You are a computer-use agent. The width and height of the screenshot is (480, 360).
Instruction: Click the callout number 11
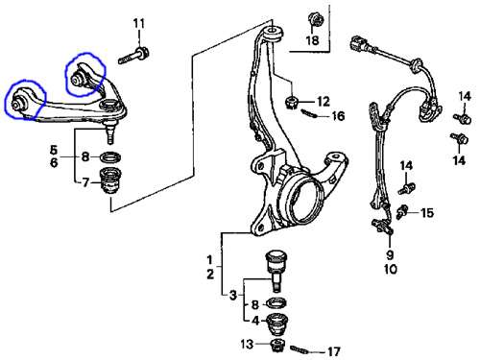139,23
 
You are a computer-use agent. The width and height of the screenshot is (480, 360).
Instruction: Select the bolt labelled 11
133,56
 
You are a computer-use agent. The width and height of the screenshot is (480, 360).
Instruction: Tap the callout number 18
312,40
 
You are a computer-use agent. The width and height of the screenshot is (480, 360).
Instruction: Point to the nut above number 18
315,19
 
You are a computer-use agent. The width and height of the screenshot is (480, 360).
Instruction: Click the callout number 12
324,102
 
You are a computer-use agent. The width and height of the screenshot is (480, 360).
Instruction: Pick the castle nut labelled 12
291,102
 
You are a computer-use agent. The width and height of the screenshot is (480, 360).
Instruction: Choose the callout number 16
338,116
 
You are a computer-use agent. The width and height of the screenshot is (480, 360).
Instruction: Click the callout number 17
333,352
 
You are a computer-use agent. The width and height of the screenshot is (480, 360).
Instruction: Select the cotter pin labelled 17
300,349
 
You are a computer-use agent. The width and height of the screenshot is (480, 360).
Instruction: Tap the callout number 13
247,345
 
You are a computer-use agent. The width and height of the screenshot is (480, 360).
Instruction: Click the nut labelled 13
277,346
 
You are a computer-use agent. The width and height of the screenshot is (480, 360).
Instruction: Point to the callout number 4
255,321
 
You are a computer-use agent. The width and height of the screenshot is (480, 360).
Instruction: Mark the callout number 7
85,182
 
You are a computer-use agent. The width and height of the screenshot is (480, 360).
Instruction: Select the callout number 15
427,213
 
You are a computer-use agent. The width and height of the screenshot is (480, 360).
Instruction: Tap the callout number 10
390,269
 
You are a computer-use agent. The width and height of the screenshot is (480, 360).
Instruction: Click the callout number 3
233,295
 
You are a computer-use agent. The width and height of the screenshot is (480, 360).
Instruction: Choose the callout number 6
54,162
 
